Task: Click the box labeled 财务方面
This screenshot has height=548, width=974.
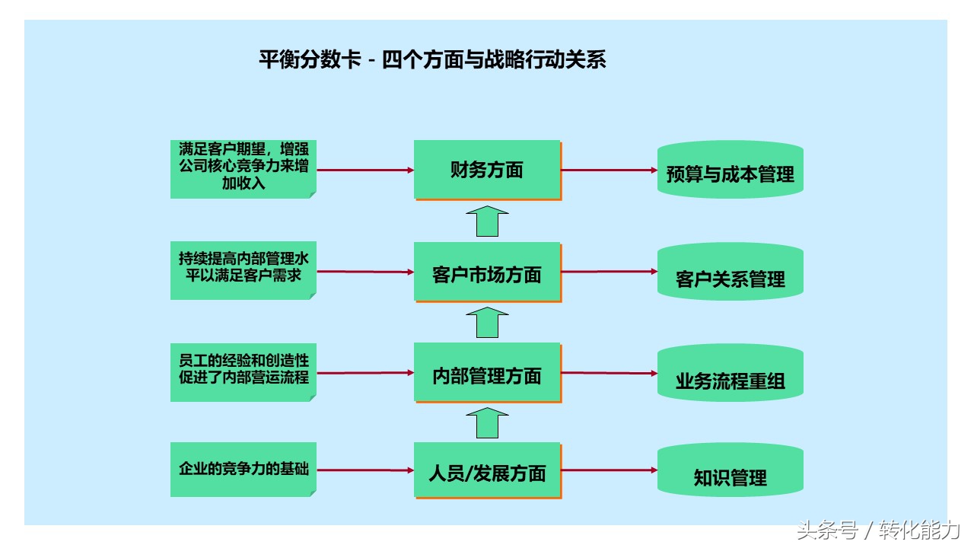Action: coord(488,170)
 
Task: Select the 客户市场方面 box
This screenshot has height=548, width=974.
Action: coord(488,272)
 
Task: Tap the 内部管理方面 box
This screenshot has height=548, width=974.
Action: coord(488,373)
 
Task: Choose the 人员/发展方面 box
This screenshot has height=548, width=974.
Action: coord(488,470)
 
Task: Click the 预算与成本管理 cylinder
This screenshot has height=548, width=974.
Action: coord(730,170)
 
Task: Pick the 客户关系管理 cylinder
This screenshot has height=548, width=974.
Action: coord(730,272)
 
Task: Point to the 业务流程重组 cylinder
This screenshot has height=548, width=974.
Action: coord(730,373)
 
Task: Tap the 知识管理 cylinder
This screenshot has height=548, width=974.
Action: coord(730,470)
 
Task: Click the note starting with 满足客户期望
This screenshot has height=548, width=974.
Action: coord(243,169)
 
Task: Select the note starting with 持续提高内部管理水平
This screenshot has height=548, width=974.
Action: coord(243,270)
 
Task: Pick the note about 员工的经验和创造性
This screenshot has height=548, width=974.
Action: coord(243,372)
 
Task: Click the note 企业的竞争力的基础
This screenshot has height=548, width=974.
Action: coord(243,470)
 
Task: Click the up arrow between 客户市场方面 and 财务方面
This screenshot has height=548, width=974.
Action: coord(487,221)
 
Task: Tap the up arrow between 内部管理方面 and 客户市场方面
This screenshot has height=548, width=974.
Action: coord(487,323)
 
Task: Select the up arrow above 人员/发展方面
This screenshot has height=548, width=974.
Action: coord(487,423)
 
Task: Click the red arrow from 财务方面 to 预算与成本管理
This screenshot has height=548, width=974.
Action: coord(610,170)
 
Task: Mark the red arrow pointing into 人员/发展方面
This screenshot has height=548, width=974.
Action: coord(365,470)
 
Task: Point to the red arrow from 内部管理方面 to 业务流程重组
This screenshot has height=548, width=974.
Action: coord(610,373)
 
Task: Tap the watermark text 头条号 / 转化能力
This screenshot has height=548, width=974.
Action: coord(878,530)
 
